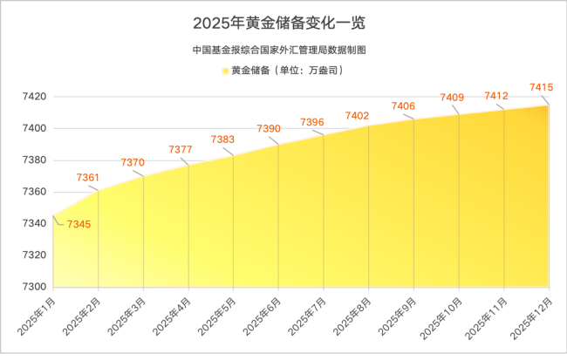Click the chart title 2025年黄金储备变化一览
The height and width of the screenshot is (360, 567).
[283, 22]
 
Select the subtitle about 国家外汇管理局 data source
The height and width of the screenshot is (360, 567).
[283, 51]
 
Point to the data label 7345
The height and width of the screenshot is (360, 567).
[79, 225]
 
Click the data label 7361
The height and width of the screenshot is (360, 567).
[88, 177]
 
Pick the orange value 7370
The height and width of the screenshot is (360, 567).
[133, 163]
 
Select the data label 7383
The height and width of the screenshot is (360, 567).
[223, 139]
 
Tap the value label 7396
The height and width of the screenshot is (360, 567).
[312, 122]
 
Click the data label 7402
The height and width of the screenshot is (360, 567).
[358, 115]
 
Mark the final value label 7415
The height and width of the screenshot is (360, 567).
[542, 86]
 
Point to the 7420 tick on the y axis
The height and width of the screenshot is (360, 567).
[34, 97]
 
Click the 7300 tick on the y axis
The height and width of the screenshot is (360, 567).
[34, 287]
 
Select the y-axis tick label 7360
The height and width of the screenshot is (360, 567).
[34, 192]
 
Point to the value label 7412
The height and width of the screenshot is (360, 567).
[496, 95]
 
